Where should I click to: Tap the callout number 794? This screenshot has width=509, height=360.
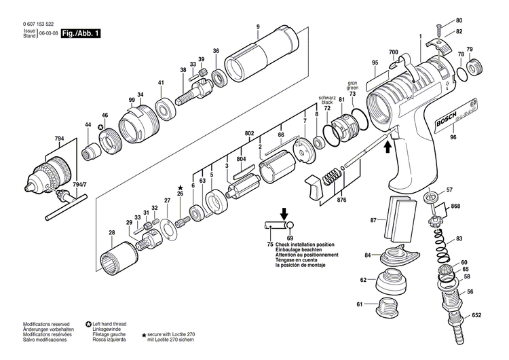[x=60, y=139]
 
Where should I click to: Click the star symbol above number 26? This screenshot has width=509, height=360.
[x=181, y=187]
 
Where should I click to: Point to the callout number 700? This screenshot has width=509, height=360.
[x=393, y=52]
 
